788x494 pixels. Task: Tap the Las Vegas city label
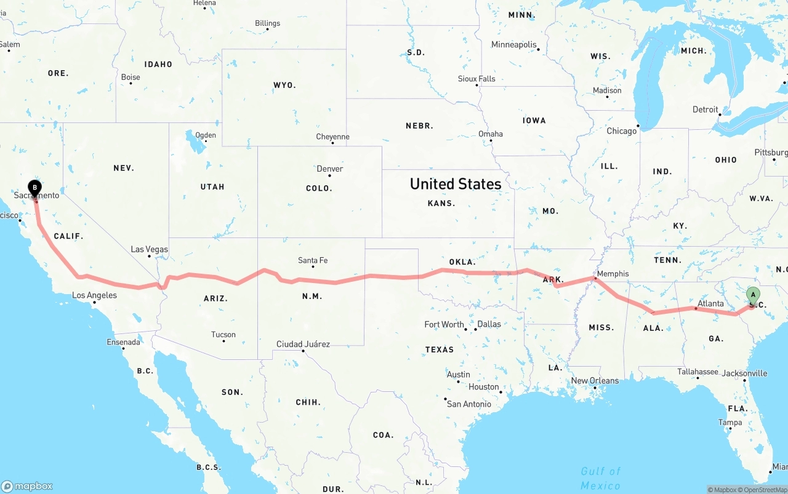(149, 249)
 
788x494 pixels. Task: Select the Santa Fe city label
(312, 260)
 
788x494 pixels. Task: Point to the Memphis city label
(613, 274)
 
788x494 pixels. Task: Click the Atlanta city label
(711, 303)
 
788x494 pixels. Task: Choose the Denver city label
(329, 169)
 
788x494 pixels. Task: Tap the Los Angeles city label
(94, 295)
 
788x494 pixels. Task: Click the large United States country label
(456, 184)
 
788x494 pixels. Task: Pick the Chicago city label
(621, 131)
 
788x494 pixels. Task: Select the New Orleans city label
(595, 381)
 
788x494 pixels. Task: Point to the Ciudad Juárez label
(303, 344)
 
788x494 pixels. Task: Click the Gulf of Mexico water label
(600, 478)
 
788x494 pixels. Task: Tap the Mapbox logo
(27, 486)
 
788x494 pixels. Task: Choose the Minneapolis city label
(513, 45)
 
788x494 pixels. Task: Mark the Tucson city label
(223, 335)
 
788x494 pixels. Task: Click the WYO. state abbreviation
(284, 85)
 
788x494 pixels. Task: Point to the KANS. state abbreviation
(441, 203)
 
